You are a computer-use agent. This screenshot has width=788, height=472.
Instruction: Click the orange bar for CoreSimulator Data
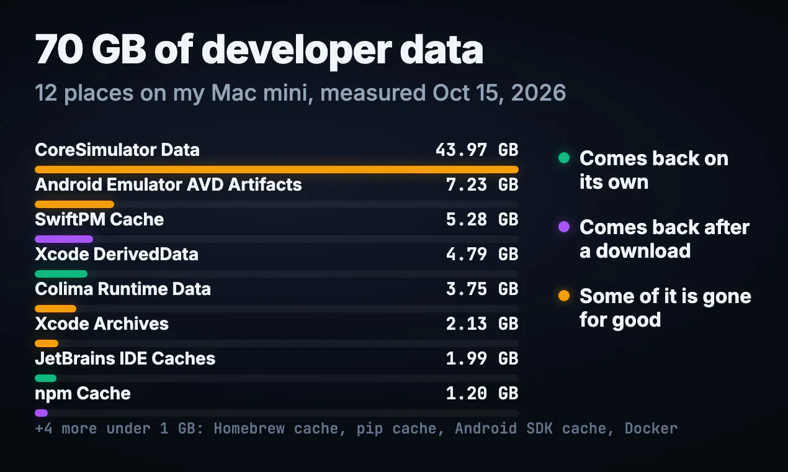[x=277, y=170]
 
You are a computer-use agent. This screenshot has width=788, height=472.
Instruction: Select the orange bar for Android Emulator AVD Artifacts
[x=74, y=204]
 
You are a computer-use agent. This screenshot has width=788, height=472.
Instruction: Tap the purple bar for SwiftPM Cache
[x=64, y=239]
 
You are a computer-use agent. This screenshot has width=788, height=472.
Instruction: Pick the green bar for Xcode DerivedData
[x=61, y=274]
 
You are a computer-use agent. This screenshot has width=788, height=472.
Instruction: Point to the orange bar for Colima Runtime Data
[x=55, y=309]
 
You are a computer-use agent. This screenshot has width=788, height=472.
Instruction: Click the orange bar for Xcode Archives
[x=47, y=343]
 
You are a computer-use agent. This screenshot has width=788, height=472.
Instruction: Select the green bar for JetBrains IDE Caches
[x=45, y=378]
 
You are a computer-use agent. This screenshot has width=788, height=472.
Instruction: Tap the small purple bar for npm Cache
[x=41, y=413]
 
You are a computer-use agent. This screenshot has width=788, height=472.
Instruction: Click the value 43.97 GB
[x=477, y=150]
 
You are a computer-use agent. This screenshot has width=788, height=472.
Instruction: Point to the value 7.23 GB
[x=482, y=184]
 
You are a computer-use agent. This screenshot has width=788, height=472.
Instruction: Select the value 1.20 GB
[x=482, y=394]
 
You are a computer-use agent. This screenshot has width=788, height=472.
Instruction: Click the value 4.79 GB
[x=482, y=254]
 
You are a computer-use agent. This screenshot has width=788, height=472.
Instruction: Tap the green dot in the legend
[x=564, y=158]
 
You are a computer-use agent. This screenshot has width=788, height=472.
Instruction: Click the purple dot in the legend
[x=564, y=227]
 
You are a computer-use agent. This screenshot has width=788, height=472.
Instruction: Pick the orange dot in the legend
[x=564, y=296]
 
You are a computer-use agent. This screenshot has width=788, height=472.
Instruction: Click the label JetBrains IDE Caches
[x=125, y=358]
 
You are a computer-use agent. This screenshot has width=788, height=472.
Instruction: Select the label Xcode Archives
[x=102, y=324]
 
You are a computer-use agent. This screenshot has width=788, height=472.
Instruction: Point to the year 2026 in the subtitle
[x=538, y=93]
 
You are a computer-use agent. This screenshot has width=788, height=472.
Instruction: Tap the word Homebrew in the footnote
[x=249, y=429]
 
